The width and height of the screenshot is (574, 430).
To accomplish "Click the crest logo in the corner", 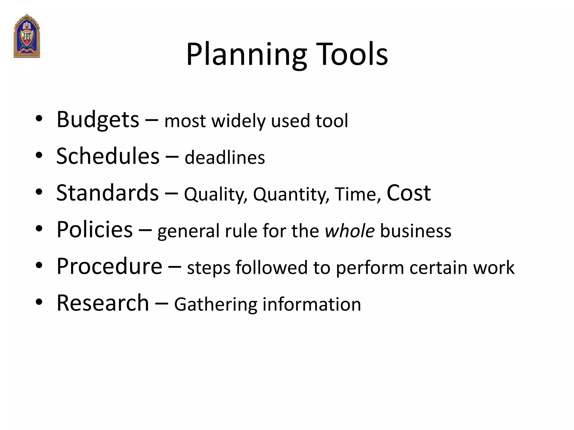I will pos(27,36).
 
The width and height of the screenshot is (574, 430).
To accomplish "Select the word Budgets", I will pos(98,120).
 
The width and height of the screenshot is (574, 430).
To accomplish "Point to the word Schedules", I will pos(108,156).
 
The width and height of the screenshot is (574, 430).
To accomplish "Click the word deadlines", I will pos(224,158).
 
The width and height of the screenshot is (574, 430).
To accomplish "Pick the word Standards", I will pos(107,193).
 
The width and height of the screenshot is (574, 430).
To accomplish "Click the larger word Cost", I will pos(408,193).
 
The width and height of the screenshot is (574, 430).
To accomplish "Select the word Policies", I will pos(94,230).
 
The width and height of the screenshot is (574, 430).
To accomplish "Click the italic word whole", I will pos(349,231).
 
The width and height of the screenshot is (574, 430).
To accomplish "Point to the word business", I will pos(415,231).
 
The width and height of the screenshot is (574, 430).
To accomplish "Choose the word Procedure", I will pos(109,266).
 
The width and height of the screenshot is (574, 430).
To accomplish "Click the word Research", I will pos(103,303).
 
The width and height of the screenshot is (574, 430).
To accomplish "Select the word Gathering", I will pos(215,305).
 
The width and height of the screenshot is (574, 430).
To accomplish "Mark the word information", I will pos(311,304).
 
